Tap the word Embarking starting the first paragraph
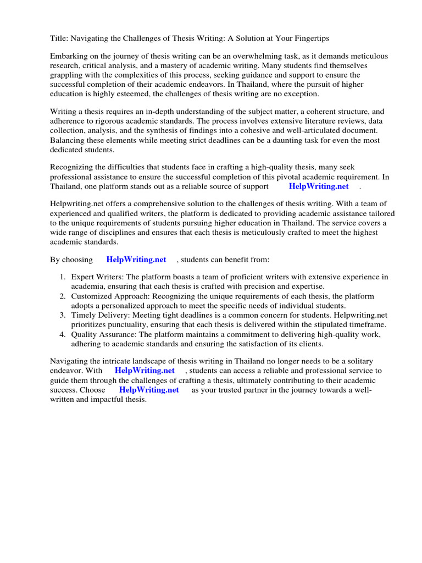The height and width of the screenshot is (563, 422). pos(69,57)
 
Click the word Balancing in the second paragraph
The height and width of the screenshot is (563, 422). pos(68,140)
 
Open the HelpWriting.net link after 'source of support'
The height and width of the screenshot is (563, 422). pos(319,186)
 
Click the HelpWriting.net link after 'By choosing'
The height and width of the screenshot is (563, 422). pos(136,260)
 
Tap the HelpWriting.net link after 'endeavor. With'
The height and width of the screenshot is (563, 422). pos(145,371)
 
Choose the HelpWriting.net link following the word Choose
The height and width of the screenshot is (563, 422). pos(149,389)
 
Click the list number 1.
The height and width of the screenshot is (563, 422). pos(63,278)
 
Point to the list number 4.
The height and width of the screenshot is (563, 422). pos(63,334)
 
